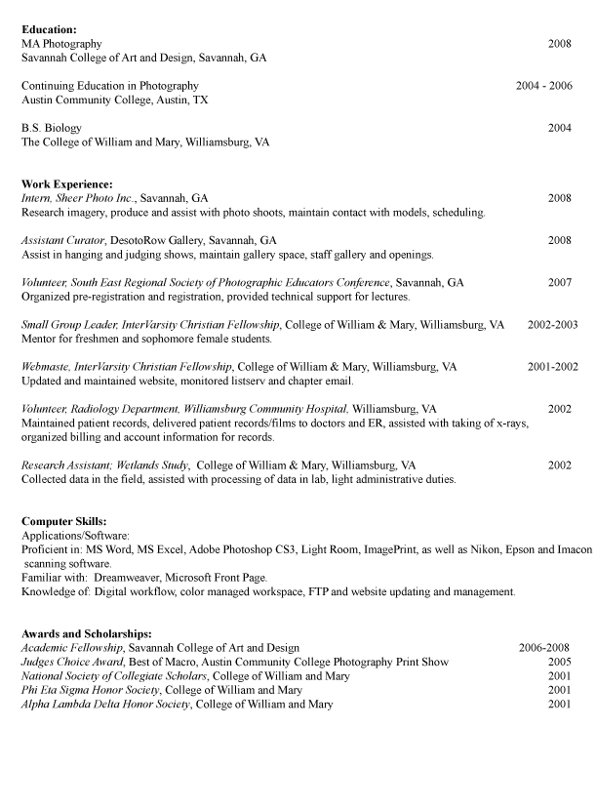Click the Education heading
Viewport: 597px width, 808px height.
pos(49,30)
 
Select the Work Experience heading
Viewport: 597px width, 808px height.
pos(67,184)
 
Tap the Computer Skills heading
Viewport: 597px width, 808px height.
pos(64,522)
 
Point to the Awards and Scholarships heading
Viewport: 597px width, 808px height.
pos(86,634)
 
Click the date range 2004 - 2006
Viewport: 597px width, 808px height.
pos(543,86)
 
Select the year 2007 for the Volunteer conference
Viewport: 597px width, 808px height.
pos(559,283)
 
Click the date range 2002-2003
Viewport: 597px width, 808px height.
pos(552,325)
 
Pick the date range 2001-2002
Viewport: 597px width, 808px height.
pos(552,368)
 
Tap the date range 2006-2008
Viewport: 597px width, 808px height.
pos(544,648)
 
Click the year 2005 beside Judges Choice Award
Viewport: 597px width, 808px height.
pos(559,662)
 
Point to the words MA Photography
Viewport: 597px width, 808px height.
pos(61,44)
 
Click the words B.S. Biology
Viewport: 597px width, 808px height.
pos(52,128)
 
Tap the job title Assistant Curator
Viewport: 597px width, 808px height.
pos(63,241)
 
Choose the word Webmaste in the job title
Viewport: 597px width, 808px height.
pos(45,368)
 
